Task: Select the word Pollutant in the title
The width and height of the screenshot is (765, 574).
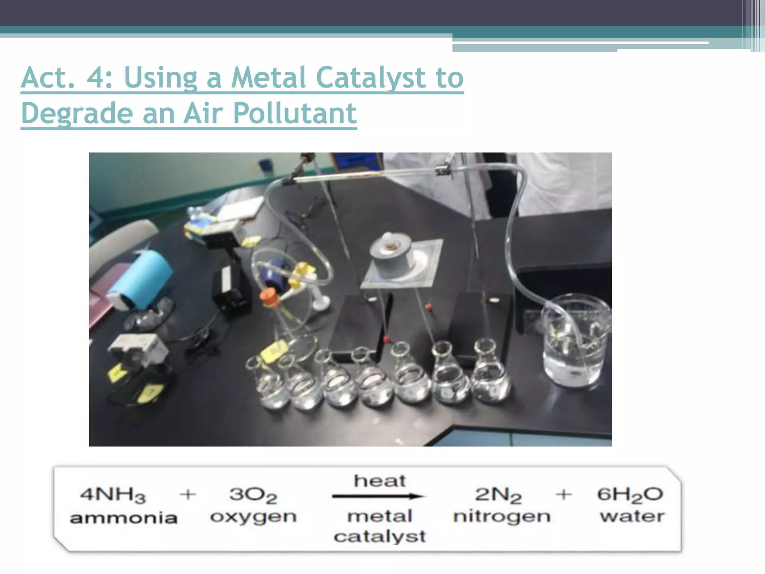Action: coord(295,113)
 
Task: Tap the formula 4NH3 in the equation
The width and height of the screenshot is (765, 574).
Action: coord(113,495)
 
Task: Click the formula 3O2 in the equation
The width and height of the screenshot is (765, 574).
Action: coord(253,495)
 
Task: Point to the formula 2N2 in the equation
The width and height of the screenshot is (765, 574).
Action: coord(498,495)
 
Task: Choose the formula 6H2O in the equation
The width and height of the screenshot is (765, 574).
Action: coord(630,495)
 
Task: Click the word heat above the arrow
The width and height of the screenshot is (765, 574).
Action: coord(380,481)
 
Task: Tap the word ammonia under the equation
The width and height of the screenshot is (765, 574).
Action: coord(124,518)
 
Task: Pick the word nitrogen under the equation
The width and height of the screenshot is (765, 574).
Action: coord(502,517)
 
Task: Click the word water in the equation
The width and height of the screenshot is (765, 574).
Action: coord(632,516)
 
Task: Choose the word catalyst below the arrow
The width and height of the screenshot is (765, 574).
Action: coord(380,537)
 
